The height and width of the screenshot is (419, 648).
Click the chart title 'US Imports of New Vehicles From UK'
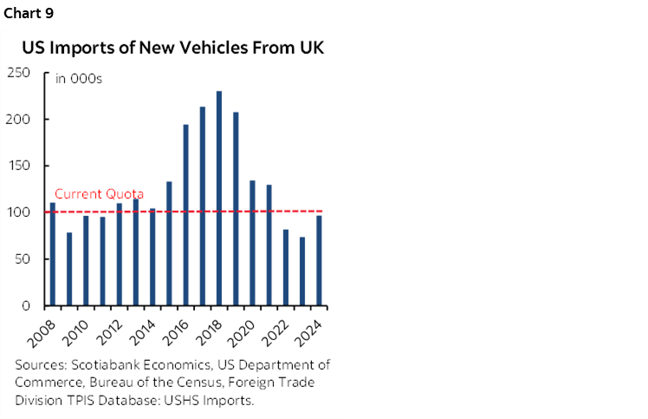(x=173, y=48)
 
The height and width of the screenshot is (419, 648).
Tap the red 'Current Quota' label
(x=99, y=194)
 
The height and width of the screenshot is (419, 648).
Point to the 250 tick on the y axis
(x=19, y=73)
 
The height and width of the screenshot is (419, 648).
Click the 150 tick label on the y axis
(x=19, y=166)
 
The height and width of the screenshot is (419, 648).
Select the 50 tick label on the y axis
(x=23, y=259)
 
